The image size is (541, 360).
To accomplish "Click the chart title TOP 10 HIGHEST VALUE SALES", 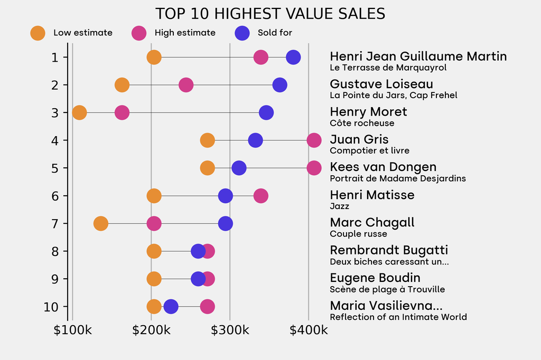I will [x=270, y=14].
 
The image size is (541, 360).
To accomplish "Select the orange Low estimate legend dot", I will [x=38, y=33].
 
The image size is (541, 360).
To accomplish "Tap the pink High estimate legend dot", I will [x=139, y=33].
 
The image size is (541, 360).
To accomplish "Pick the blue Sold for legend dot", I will [x=242, y=33].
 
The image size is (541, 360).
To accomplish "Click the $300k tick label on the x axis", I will [x=230, y=330].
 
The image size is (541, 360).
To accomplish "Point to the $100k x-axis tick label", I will [x=72, y=330].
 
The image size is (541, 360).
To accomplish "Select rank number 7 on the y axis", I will [x=55, y=224].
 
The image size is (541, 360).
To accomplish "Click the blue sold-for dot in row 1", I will [x=293, y=57].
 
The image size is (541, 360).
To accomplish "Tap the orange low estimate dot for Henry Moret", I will [x=79, y=112].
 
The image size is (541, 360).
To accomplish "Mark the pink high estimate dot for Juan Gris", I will [x=314, y=140].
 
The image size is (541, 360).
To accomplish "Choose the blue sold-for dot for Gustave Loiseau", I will [x=280, y=84].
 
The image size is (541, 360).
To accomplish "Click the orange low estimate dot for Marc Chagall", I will [x=101, y=224].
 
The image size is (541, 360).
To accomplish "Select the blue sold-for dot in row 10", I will [x=171, y=307].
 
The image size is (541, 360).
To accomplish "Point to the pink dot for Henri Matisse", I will [x=260, y=196].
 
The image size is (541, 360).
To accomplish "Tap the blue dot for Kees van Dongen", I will [x=239, y=168].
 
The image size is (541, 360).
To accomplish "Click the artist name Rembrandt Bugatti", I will [x=389, y=250].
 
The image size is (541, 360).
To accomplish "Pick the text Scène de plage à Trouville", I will [x=387, y=289].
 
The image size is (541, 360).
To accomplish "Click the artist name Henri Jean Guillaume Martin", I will [x=418, y=56].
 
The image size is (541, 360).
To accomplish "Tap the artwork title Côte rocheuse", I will [x=362, y=123].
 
